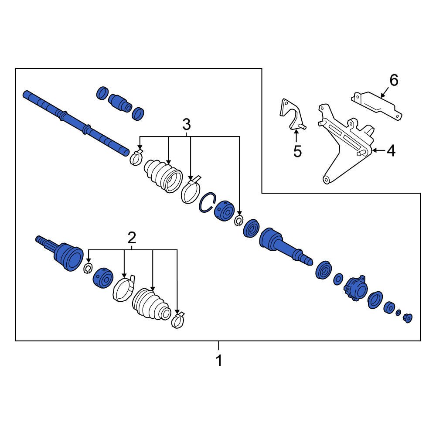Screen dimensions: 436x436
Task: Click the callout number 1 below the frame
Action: [x=219, y=361]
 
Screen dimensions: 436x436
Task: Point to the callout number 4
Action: [x=391, y=151]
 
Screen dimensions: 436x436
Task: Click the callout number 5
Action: [x=297, y=151]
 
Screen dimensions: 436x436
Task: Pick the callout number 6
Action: [x=393, y=80]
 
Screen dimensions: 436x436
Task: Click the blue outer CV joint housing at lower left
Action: [x=68, y=256]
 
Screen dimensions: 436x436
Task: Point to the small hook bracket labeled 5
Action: [x=291, y=115]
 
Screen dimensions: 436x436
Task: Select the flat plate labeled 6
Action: [x=377, y=105]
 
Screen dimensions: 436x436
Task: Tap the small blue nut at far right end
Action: [x=408, y=318]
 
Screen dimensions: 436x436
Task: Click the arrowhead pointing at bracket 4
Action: [x=374, y=151]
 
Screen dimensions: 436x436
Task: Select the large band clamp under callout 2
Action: [x=123, y=288]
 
